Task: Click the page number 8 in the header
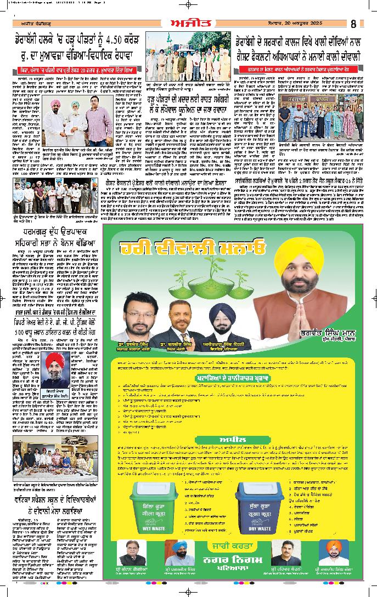[355, 24]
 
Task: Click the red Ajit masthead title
[188, 23]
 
